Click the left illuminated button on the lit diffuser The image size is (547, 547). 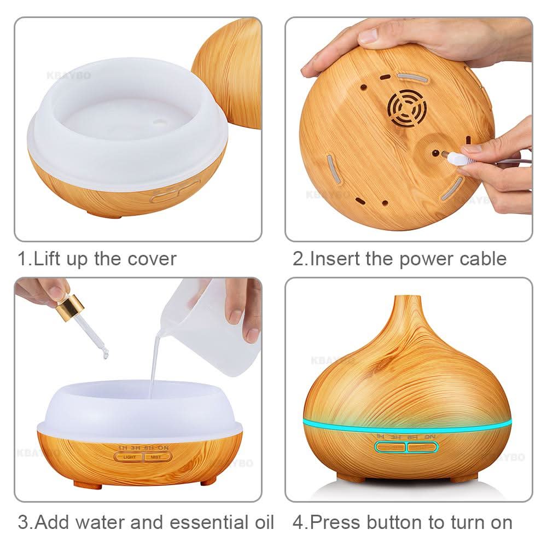pos(391,447)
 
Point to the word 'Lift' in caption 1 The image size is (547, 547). pos(48,259)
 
